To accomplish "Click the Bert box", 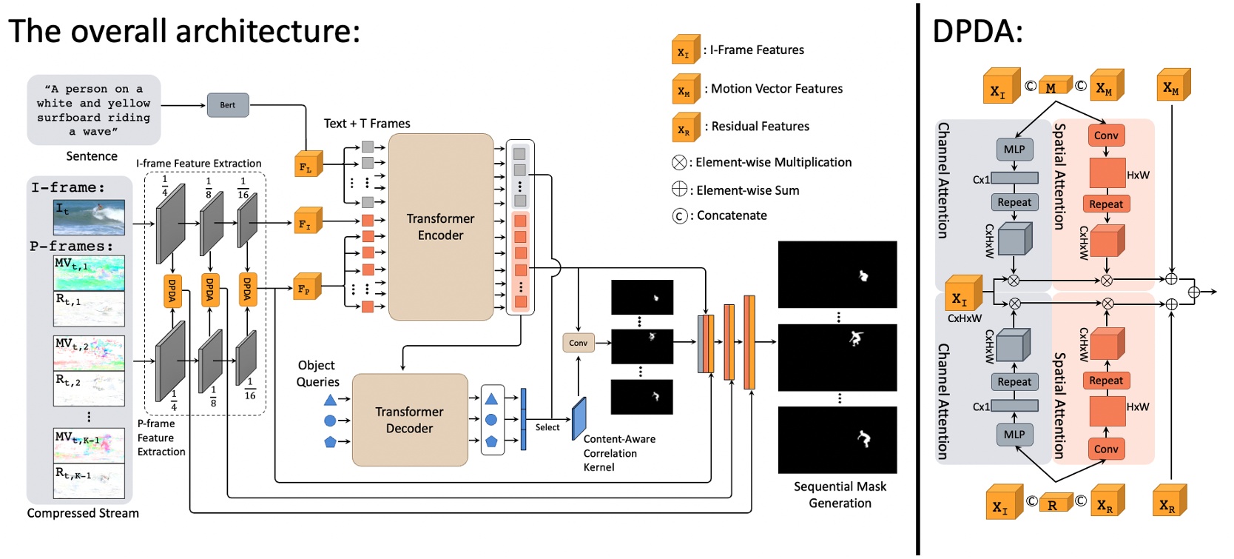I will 228,105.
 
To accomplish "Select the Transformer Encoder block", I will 440,227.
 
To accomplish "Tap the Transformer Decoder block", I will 409,420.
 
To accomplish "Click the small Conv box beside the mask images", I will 578,343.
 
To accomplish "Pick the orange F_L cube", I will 307,166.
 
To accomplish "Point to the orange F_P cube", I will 307,287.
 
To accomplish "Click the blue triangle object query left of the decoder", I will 330,401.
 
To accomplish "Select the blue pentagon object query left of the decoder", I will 330,442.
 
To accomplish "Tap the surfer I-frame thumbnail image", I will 90,218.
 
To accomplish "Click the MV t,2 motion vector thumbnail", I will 90,353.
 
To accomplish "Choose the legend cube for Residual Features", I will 685,128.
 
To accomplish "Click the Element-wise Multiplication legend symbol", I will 679,163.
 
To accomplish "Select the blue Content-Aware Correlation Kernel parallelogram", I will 579,418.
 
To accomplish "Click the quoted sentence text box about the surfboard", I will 93,110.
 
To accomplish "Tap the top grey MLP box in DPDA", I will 1014,150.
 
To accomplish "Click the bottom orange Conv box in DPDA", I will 1105,449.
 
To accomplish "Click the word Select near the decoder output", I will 547,427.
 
